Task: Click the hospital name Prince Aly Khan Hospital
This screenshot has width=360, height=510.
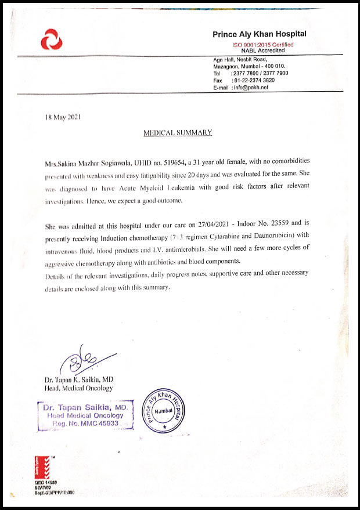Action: (259, 35)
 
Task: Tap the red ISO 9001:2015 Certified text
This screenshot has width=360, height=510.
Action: (263, 45)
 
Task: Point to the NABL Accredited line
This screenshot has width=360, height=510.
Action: (263, 50)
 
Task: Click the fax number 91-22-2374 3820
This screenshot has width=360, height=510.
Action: (254, 80)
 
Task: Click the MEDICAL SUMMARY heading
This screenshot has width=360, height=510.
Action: (178, 133)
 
